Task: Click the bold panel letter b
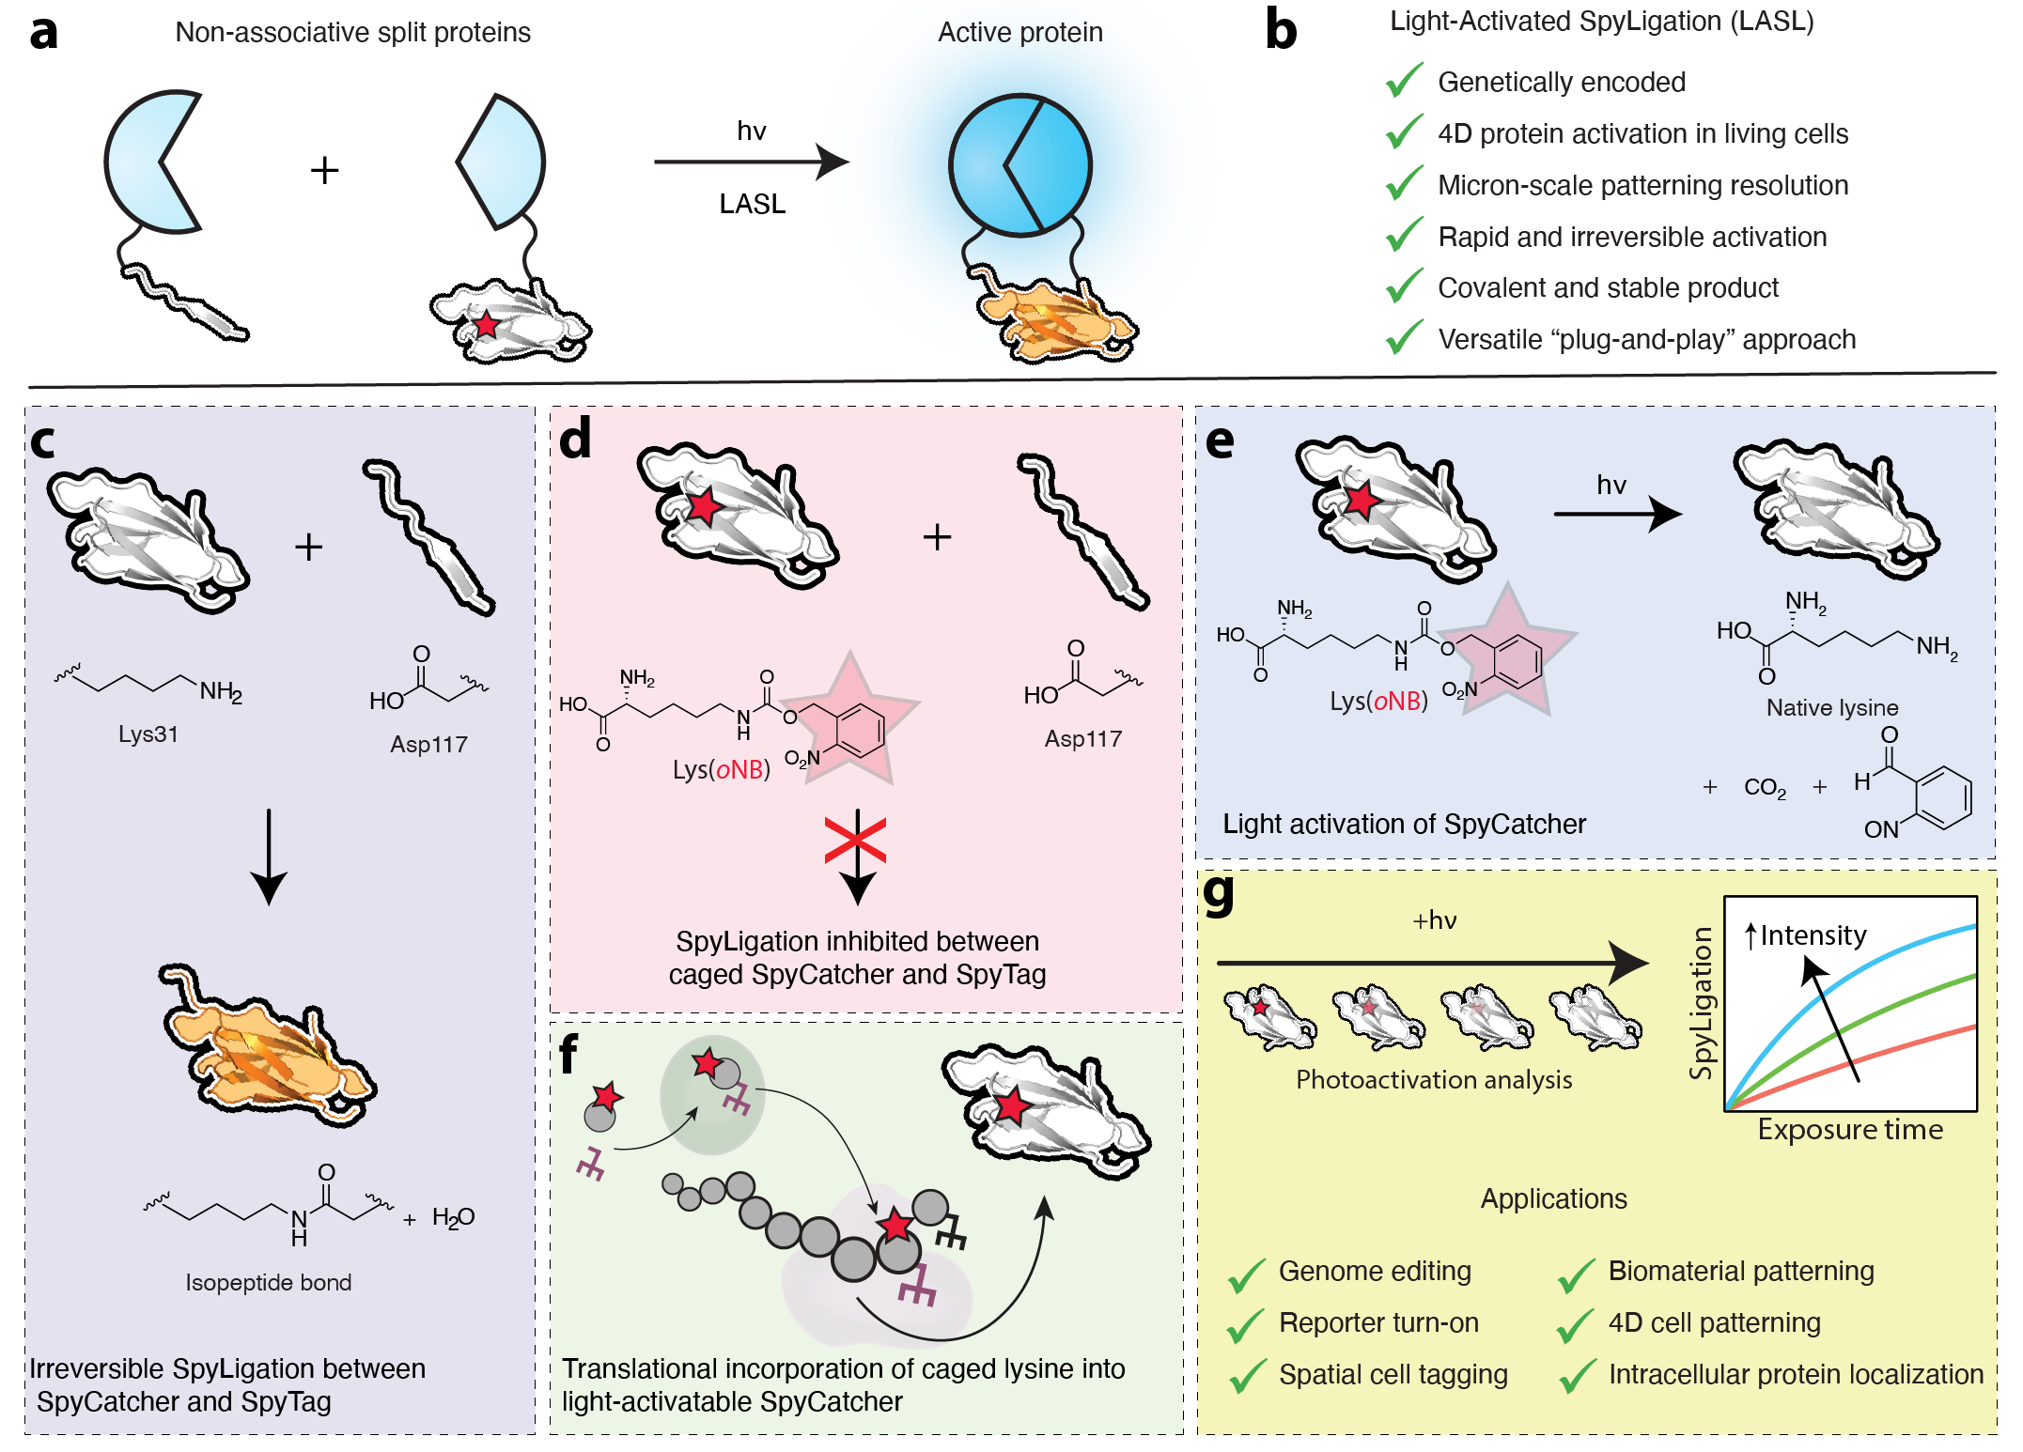coord(1281,30)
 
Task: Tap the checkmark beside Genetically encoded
coord(1404,82)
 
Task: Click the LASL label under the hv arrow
coord(752,204)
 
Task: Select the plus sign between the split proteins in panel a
coord(324,171)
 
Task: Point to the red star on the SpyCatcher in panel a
coord(486,325)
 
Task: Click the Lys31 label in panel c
coord(148,734)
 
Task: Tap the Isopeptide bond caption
coord(268,1282)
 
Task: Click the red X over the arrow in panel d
coord(856,840)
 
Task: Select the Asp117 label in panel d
coord(1082,739)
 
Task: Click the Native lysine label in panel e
coord(1831,707)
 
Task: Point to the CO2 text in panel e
coord(1764,787)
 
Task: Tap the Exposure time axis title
coord(1849,1129)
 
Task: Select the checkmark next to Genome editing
coord(1247,1274)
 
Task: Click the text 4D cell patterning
coord(1714,1322)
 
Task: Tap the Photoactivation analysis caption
coord(1433,1080)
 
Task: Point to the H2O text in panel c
coord(453,1218)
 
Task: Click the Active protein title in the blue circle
coord(1019,33)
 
